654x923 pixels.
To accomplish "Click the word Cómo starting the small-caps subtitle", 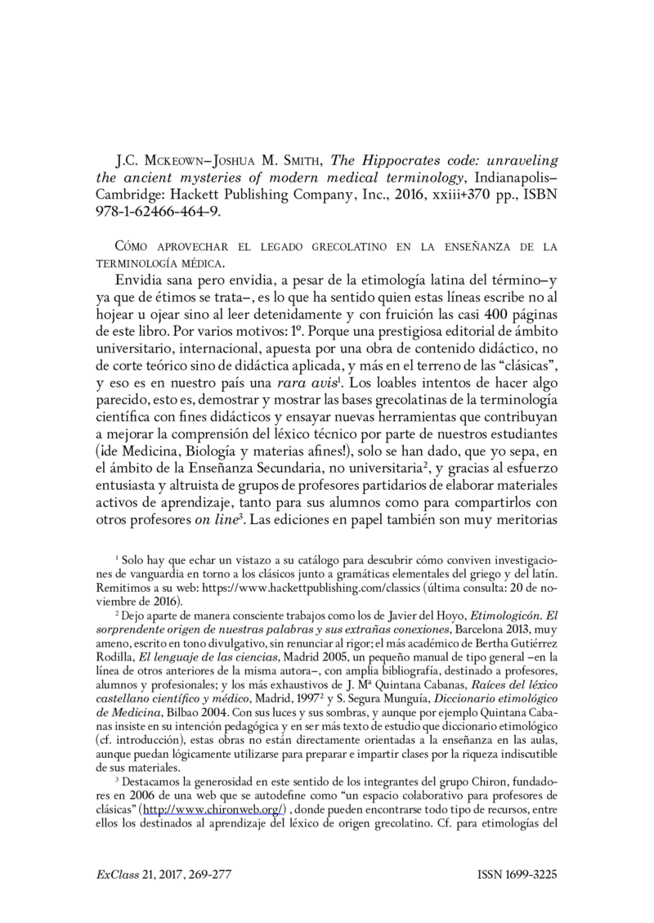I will [135, 247].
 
